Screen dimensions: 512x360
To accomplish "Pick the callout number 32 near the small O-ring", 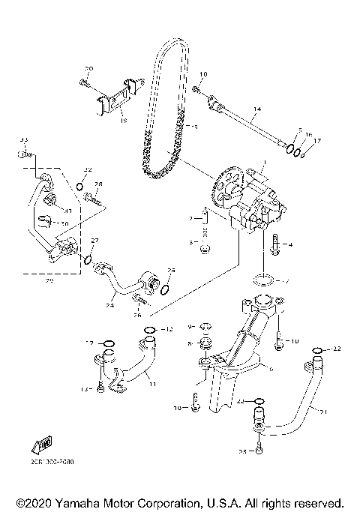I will (87, 170).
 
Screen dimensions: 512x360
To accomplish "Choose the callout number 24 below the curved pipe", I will (109, 305).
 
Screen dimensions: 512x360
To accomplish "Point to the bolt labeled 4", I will (276, 244).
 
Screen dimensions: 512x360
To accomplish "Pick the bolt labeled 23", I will (259, 448).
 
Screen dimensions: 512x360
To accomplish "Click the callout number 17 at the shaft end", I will (316, 139).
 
